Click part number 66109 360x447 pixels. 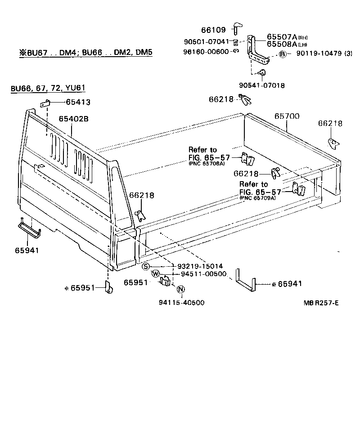(213, 30)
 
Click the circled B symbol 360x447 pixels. (283, 54)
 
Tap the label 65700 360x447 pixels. (287, 116)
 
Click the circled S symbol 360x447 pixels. (146, 266)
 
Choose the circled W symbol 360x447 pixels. (155, 274)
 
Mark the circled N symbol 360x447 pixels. (180, 289)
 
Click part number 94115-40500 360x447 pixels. (181, 303)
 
